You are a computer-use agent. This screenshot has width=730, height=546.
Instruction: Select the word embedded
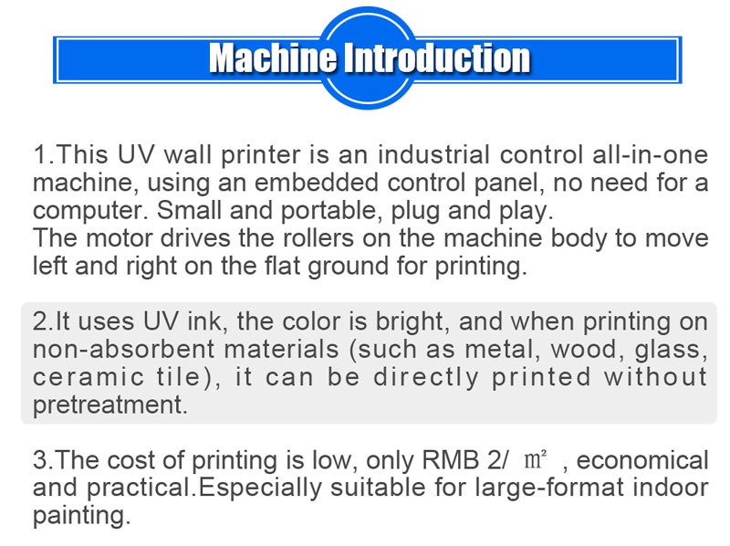(x=296, y=183)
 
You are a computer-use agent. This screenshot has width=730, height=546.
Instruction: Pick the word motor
(x=114, y=239)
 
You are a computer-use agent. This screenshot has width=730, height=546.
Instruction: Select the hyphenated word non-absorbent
(x=115, y=350)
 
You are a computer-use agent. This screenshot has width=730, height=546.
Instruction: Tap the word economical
(x=642, y=460)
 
